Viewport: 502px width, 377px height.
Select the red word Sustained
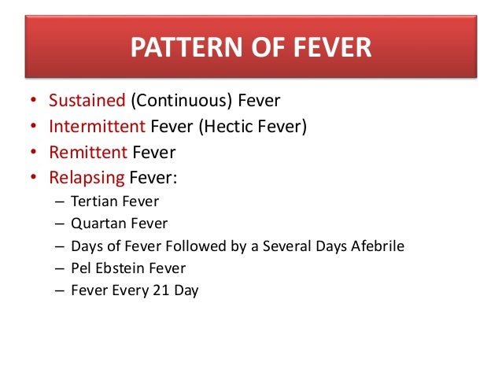tap(87, 101)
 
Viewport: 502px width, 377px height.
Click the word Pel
tap(81, 268)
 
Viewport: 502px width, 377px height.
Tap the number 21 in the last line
tap(164, 290)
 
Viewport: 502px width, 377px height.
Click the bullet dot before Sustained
tap(32, 102)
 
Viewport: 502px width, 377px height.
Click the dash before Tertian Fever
tap(60, 201)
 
